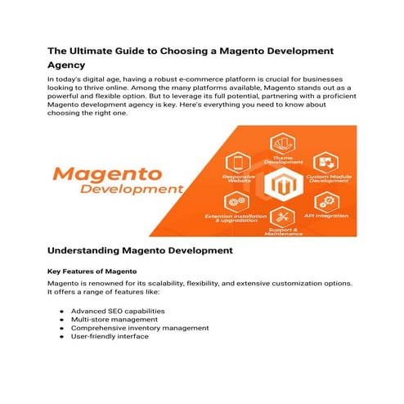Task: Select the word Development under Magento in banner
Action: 131,190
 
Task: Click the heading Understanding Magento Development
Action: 140,249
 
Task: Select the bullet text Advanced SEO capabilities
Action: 118,311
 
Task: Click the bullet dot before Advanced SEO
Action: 61,312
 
